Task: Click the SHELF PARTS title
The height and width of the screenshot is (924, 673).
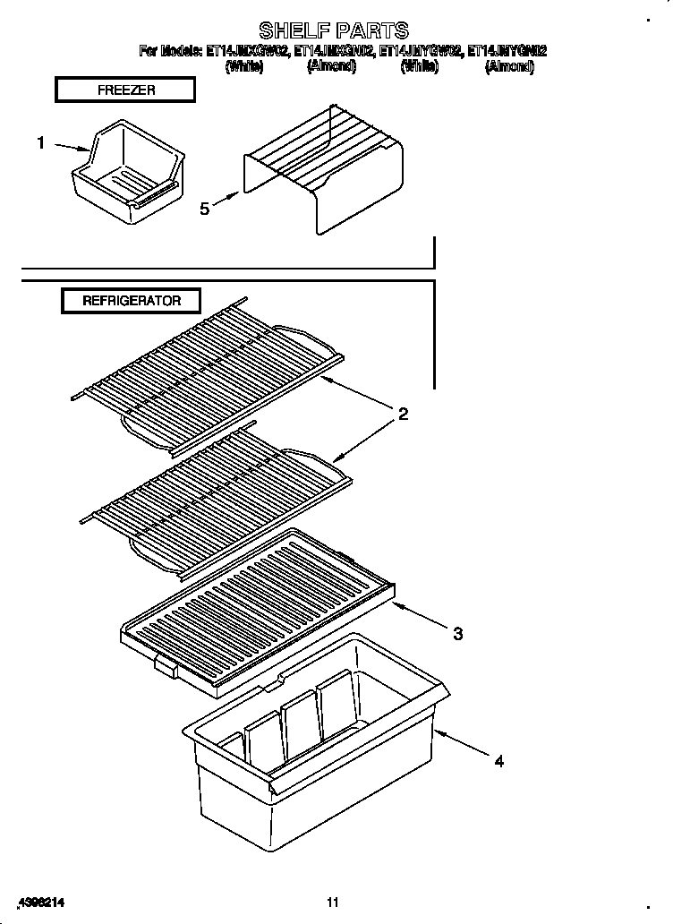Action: pyautogui.click(x=334, y=30)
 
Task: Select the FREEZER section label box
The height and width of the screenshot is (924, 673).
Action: pyautogui.click(x=125, y=90)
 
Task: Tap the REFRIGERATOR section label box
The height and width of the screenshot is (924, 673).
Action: pyautogui.click(x=132, y=301)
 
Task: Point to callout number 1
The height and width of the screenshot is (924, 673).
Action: pyautogui.click(x=40, y=142)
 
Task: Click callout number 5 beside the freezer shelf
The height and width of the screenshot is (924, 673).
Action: pyautogui.click(x=205, y=208)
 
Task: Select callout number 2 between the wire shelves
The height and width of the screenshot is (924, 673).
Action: pyautogui.click(x=404, y=414)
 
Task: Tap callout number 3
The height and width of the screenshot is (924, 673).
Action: pyautogui.click(x=457, y=634)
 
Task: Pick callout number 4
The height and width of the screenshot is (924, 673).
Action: pyautogui.click(x=499, y=762)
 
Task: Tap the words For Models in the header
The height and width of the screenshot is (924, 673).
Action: pyautogui.click(x=170, y=52)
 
